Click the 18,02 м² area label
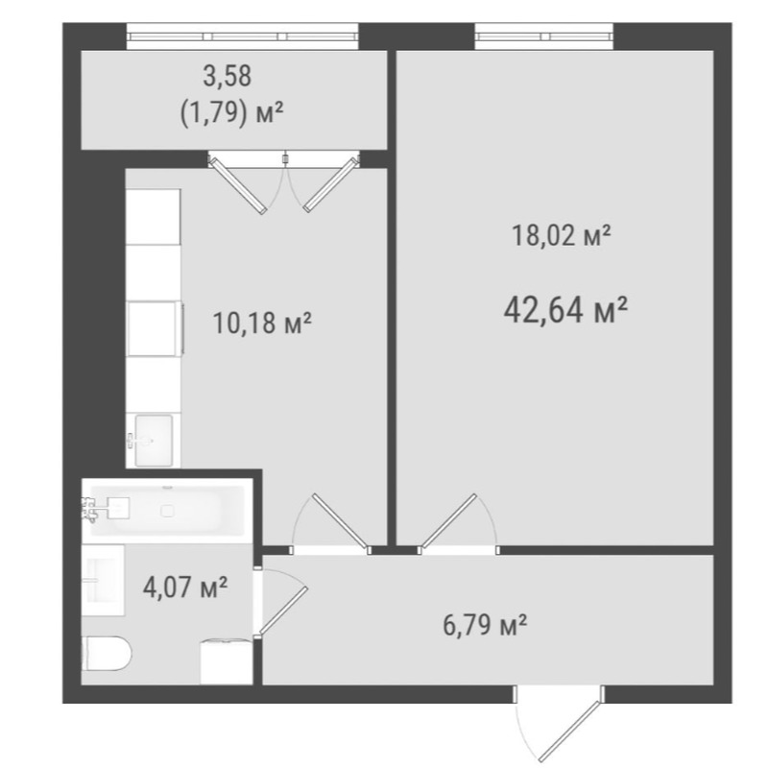click(562, 235)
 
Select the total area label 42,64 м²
click(565, 310)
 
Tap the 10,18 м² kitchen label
click(262, 323)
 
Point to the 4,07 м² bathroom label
click(185, 587)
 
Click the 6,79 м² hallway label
click(485, 625)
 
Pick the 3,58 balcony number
click(228, 77)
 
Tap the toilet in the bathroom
click(107, 654)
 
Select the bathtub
click(167, 511)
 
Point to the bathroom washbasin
click(103, 580)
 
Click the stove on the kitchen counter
click(156, 328)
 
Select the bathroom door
click(280, 603)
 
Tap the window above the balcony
click(243, 36)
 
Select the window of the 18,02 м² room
click(543, 36)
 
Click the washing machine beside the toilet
click(227, 662)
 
